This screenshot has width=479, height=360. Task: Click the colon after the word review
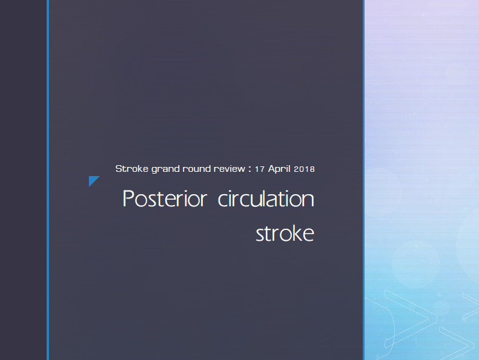250,169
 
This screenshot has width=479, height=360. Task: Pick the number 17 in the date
260,169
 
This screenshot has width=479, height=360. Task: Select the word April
279,169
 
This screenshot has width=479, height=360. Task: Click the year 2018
304,169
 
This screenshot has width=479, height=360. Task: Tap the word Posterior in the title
165,198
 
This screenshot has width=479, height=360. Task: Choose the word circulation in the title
266,198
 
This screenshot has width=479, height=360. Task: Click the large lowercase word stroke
285,234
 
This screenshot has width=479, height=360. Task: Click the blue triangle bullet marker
93,180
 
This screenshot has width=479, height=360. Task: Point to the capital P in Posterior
128,198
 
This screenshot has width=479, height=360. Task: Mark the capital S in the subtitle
119,169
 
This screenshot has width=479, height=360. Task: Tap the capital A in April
272,169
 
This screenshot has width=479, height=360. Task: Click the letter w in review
241,170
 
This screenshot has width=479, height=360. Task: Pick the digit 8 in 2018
312,169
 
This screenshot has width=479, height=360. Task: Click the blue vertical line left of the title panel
48,180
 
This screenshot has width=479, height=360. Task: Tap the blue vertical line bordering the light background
363,180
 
